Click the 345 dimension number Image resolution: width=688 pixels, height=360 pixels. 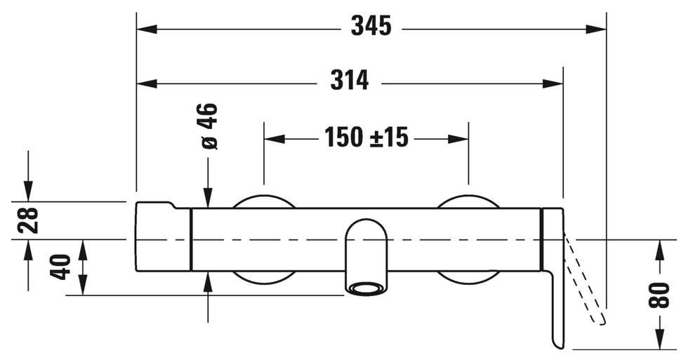tap(371, 26)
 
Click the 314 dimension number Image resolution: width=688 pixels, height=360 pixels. tap(350, 80)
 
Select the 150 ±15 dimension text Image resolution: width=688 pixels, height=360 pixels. tap(366, 137)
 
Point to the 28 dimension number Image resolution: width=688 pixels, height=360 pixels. tap(28, 220)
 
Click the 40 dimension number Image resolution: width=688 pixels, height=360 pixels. tap(60, 267)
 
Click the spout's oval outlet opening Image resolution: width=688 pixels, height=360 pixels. tap(368, 288)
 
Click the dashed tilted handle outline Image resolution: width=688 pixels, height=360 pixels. tap(586, 281)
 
